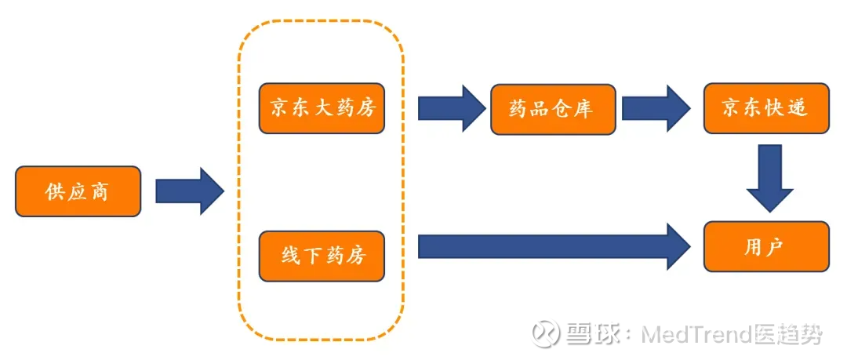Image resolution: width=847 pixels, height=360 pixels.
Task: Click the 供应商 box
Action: pos(78,191)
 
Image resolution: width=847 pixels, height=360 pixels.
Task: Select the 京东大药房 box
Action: pos(322,109)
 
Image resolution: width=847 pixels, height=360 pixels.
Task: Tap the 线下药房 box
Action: pos(322,256)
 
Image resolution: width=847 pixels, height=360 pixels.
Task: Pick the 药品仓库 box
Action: pos(553,109)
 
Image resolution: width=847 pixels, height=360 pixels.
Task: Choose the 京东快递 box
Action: pos(766,108)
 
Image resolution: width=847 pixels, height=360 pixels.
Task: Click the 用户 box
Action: pos(766,246)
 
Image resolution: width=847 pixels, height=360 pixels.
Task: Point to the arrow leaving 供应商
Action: pos(190,191)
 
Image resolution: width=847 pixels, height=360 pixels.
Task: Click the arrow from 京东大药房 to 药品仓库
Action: pos(453,108)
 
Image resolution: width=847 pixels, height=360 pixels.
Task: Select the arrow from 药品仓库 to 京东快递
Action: pos(656,108)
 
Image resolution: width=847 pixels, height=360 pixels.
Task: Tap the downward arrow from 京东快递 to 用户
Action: pos(770,178)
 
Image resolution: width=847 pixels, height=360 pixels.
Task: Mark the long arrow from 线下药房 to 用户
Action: pos(554,246)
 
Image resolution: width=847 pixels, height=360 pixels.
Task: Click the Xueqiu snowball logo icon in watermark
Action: pos(545,333)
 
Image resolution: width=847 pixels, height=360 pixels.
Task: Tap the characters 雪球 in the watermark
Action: pos(591,334)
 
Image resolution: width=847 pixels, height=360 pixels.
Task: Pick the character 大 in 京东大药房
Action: pos(322,109)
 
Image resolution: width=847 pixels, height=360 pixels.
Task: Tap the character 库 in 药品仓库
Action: pos(585,110)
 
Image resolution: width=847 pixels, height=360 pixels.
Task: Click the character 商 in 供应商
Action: pos(100,192)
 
